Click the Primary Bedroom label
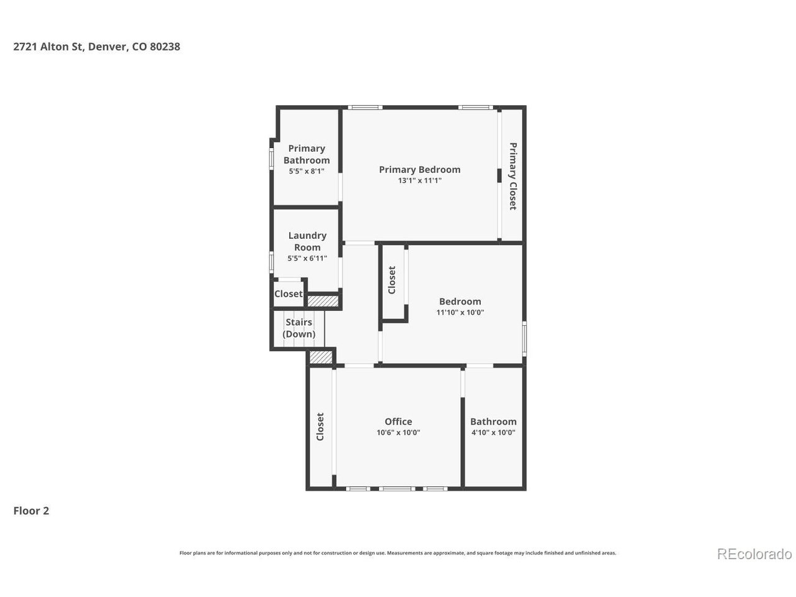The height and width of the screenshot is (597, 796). pyautogui.click(x=420, y=170)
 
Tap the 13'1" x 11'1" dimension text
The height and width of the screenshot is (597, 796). pyautogui.click(x=420, y=180)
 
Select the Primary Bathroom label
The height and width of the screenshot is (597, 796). pyautogui.click(x=307, y=154)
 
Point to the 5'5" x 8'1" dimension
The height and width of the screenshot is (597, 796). pyautogui.click(x=307, y=171)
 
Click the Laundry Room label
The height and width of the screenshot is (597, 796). pyautogui.click(x=307, y=241)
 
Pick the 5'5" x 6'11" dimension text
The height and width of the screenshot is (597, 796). pyautogui.click(x=307, y=259)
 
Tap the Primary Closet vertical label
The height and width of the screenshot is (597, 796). pyautogui.click(x=513, y=176)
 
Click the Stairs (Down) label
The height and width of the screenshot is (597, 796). pyautogui.click(x=299, y=328)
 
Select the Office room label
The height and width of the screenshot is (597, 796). pyautogui.click(x=398, y=422)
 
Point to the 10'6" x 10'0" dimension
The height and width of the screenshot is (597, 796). pyautogui.click(x=398, y=432)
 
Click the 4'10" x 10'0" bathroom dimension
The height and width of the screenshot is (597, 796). pyautogui.click(x=493, y=432)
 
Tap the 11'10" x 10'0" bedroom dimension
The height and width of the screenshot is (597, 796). pyautogui.click(x=460, y=312)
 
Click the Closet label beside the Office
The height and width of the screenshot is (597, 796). pyautogui.click(x=320, y=427)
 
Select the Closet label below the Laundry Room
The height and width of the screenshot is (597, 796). pyautogui.click(x=289, y=294)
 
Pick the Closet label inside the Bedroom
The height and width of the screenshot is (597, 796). pyautogui.click(x=392, y=280)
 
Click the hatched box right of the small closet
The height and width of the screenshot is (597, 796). pyautogui.click(x=323, y=301)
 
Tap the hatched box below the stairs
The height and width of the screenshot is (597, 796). pyautogui.click(x=320, y=357)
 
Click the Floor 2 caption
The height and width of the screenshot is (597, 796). pyautogui.click(x=31, y=511)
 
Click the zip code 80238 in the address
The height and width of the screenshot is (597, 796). pyautogui.click(x=165, y=47)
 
